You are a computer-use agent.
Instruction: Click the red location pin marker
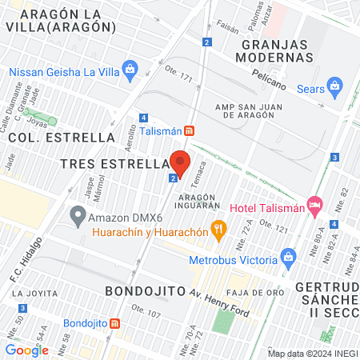[180, 163]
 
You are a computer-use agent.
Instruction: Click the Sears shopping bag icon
[335, 87]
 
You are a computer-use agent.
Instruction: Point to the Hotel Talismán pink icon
[314, 207]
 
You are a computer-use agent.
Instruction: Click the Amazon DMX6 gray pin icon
[77, 215]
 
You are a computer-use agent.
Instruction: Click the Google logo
[27, 350]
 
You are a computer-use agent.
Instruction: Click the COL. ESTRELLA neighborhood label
[61, 137]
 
